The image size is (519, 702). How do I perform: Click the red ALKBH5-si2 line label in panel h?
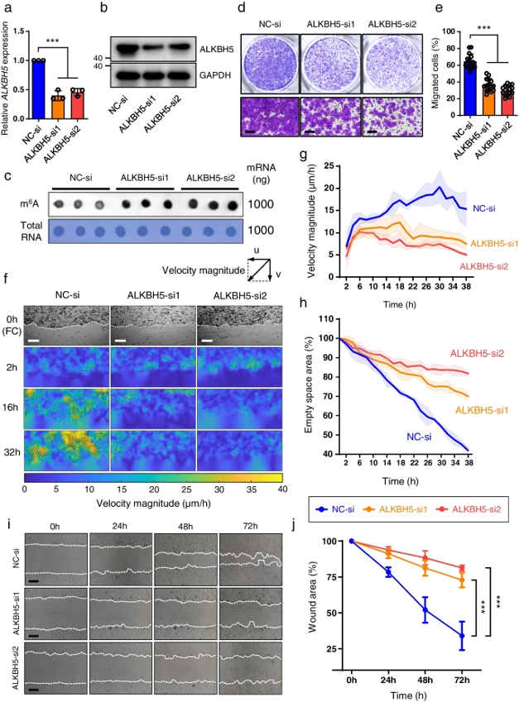click(x=478, y=354)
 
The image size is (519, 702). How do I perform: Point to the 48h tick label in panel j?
click(x=425, y=680)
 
